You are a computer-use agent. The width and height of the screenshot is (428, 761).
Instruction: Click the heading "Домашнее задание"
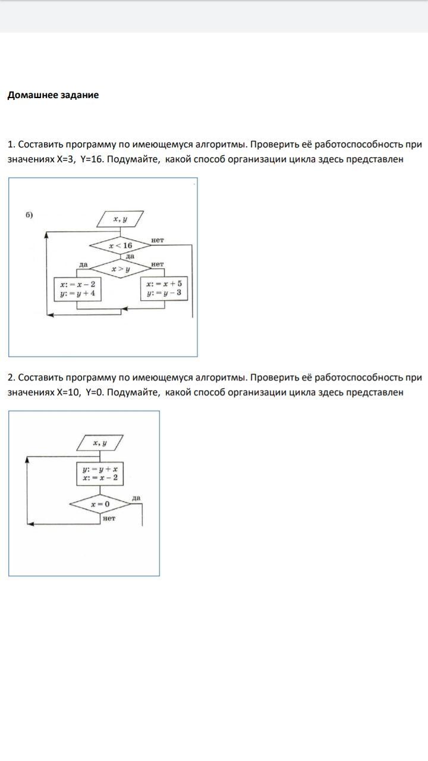pyautogui.click(x=53, y=95)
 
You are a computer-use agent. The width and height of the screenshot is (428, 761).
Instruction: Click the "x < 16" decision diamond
pyautogui.click(x=120, y=245)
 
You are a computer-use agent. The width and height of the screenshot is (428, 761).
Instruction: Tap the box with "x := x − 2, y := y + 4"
pyautogui.click(x=77, y=288)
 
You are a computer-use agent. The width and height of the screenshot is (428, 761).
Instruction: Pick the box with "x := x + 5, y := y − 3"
pyautogui.click(x=164, y=288)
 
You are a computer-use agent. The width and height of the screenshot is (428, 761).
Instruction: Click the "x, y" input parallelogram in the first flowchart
pyautogui.click(x=120, y=220)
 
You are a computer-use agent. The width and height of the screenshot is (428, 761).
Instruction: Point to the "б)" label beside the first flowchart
pyautogui.click(x=29, y=215)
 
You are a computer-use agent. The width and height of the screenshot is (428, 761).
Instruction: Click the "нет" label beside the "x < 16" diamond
pyautogui.click(x=157, y=240)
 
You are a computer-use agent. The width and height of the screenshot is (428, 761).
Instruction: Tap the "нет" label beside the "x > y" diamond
pyautogui.click(x=157, y=264)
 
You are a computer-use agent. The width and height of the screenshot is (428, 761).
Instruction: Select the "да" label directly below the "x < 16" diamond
pyautogui.click(x=130, y=256)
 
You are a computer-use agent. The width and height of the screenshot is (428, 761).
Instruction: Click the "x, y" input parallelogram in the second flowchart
pyautogui.click(x=100, y=443)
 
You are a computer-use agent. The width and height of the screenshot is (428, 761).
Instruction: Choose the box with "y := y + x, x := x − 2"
pyautogui.click(x=100, y=473)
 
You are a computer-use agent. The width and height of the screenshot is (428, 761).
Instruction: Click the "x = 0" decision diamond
pyautogui.click(x=100, y=504)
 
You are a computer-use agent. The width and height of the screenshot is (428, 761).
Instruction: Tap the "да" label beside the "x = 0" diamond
pyautogui.click(x=136, y=498)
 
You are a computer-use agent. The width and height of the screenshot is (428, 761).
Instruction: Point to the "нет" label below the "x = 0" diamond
pyautogui.click(x=109, y=518)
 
